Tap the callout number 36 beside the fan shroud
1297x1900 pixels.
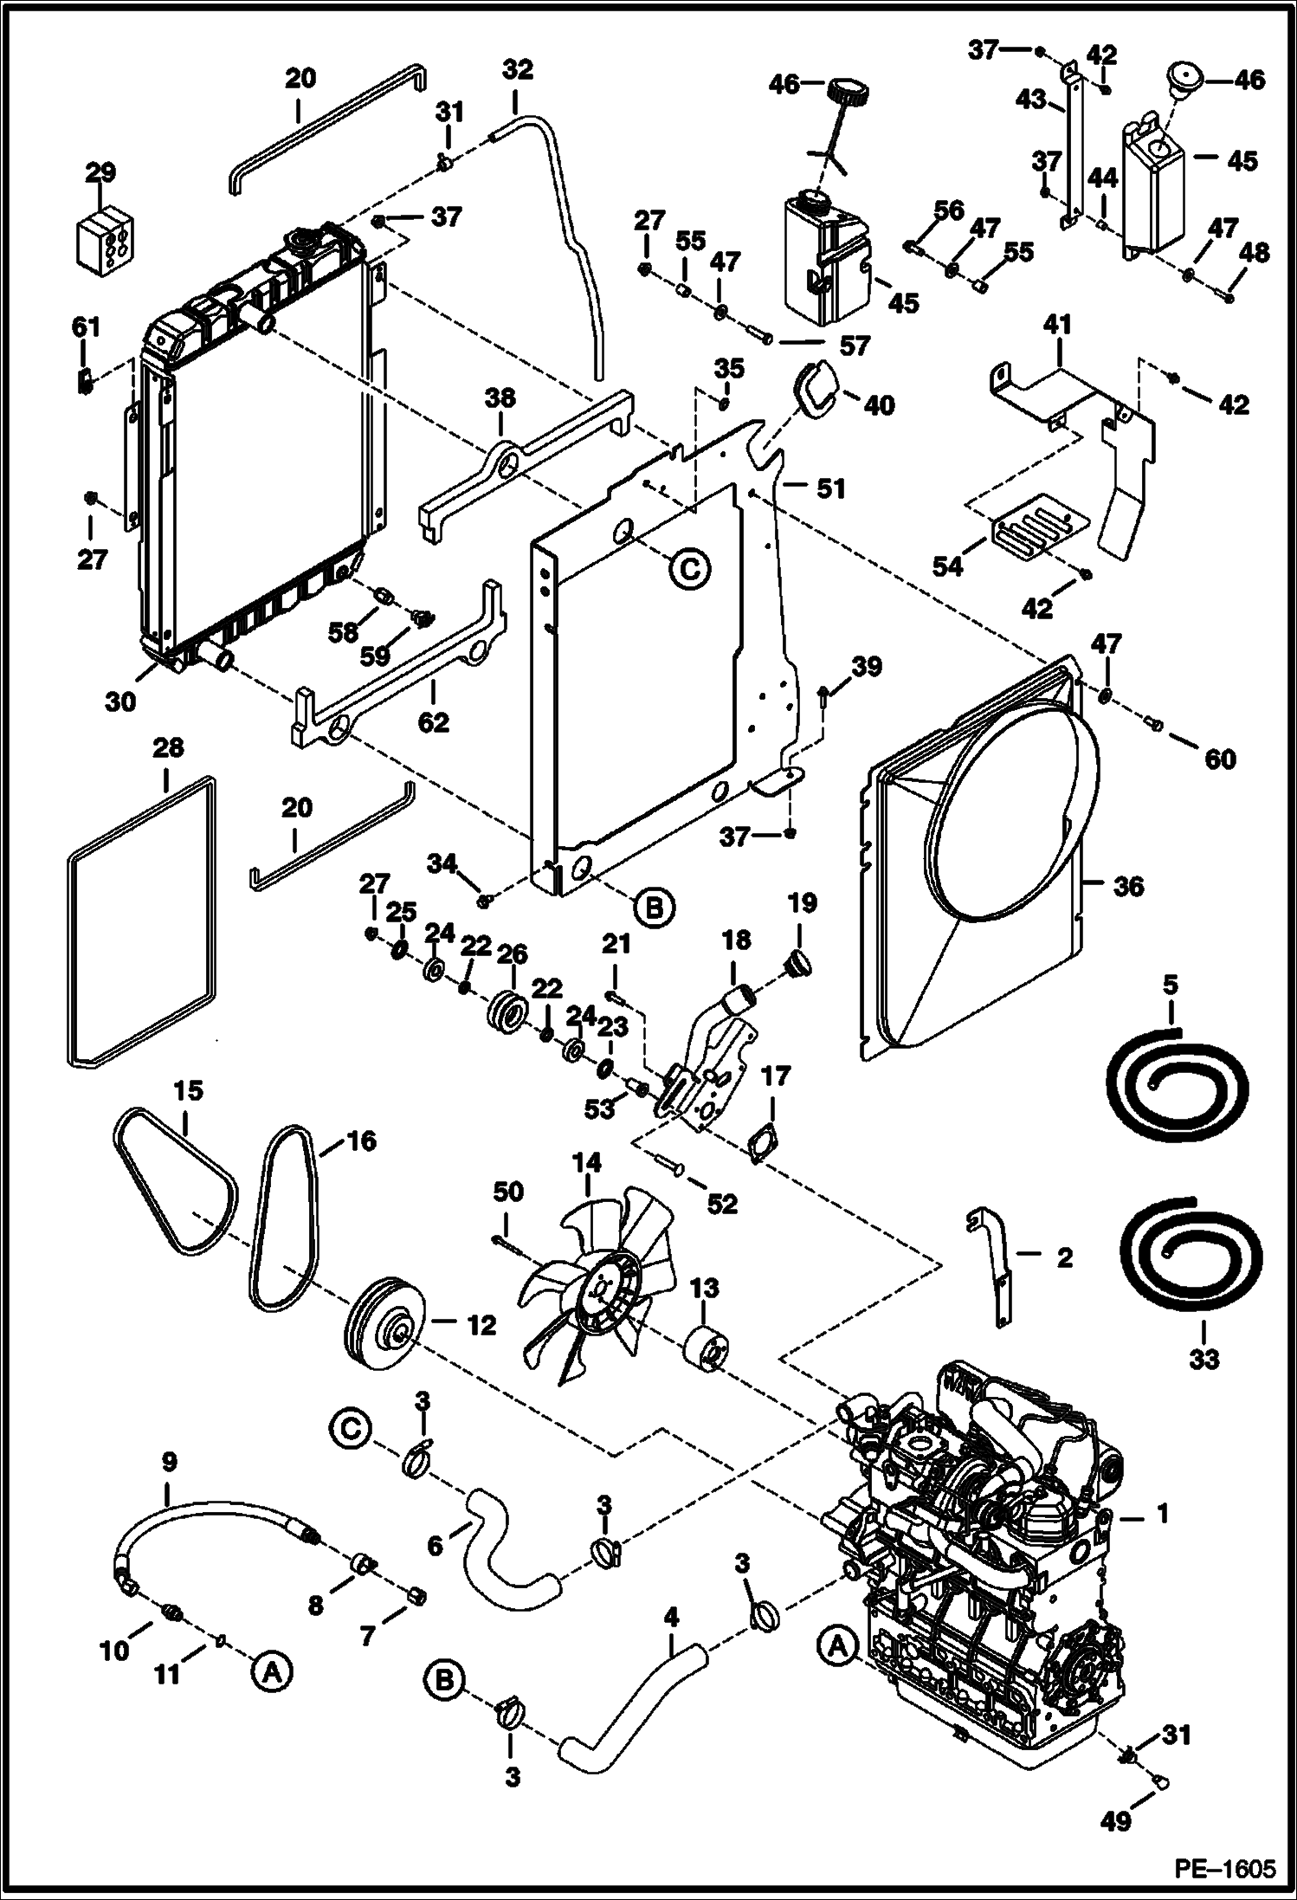pos(1128,886)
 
